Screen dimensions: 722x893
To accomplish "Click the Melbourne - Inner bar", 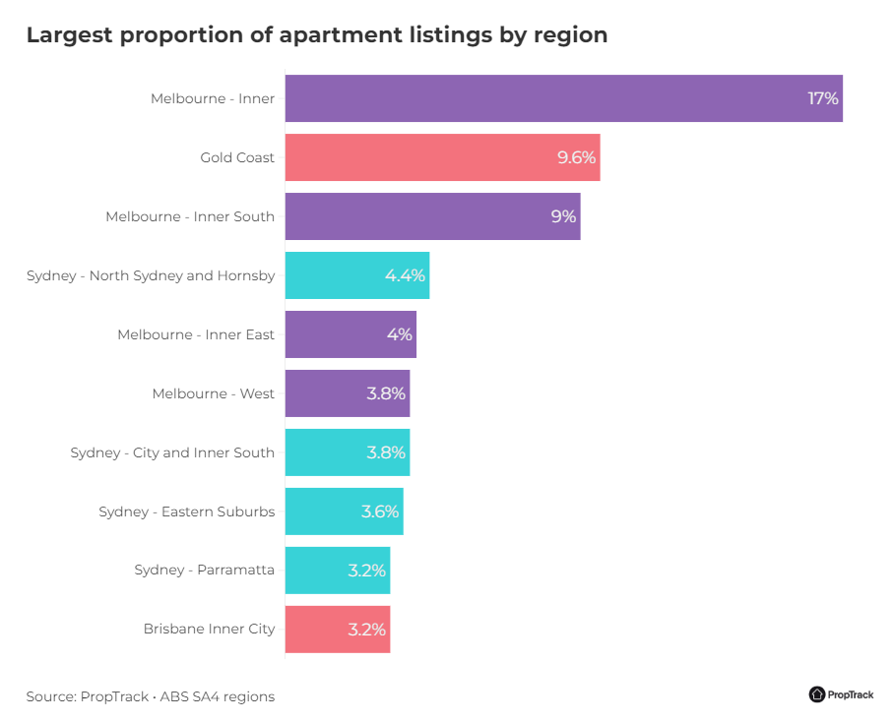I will (x=563, y=98).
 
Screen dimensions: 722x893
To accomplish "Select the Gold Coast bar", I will (x=442, y=157).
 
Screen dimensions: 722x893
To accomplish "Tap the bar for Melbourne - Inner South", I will (x=432, y=216).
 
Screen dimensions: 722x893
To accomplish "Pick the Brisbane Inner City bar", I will (x=338, y=630).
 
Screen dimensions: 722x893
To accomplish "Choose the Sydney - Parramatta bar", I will (x=338, y=571).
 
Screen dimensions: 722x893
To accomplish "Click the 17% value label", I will (x=822, y=98).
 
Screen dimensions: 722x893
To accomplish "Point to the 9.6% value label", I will (x=576, y=157).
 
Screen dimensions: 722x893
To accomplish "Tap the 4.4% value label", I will (x=405, y=275).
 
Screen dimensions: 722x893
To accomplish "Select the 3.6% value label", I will (x=379, y=511).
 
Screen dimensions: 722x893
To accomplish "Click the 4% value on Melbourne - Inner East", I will (x=399, y=334).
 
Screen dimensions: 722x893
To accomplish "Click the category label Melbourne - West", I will (x=213, y=393).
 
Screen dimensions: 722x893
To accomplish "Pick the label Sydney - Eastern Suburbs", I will (x=186, y=511).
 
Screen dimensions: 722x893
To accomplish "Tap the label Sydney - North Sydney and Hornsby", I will (x=151, y=275).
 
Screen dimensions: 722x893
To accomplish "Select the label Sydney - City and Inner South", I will (x=172, y=452).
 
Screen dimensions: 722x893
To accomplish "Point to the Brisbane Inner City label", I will (x=209, y=630).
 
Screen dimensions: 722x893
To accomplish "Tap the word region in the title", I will (x=570, y=35).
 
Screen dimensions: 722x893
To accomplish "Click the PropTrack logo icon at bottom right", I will (x=817, y=694).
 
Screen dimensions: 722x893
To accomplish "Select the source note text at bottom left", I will (x=151, y=696).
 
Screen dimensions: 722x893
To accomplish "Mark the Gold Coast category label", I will (x=237, y=157).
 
